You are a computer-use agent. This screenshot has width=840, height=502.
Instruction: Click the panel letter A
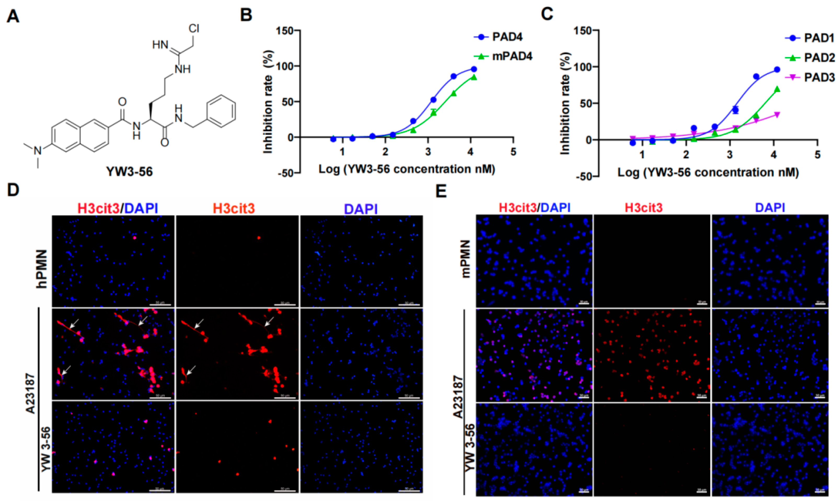[13, 16]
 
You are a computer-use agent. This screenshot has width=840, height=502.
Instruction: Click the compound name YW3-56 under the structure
[130, 172]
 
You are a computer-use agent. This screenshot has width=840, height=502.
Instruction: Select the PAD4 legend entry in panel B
[507, 37]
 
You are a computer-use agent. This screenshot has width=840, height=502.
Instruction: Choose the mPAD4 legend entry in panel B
[512, 56]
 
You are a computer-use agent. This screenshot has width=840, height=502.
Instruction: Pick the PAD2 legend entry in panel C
[819, 58]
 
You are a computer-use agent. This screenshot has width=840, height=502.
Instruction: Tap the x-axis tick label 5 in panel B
[513, 152]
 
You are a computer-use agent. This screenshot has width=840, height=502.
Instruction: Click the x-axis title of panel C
[708, 173]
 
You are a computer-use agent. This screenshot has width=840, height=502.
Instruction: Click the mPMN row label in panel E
[466, 259]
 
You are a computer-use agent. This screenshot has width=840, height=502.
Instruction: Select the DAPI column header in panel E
[770, 207]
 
